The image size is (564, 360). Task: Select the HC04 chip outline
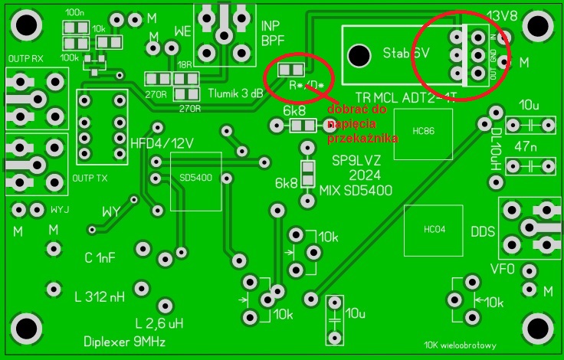tap(434, 230)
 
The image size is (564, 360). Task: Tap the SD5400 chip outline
tap(195, 181)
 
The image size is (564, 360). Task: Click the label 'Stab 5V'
tap(405, 54)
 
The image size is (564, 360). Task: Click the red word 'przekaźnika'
tap(362, 139)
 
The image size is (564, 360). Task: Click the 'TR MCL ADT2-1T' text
tap(401, 97)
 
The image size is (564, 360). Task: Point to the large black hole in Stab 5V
tap(358, 55)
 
